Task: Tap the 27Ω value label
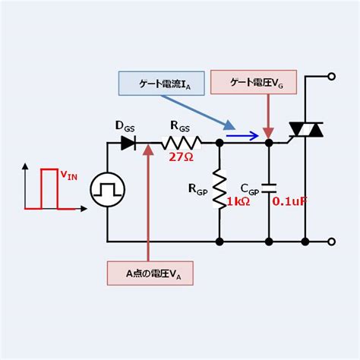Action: pyautogui.click(x=182, y=158)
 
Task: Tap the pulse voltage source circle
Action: pyautogui.click(x=107, y=191)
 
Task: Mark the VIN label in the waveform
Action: pyautogui.click(x=69, y=177)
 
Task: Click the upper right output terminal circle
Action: pyautogui.click(x=331, y=77)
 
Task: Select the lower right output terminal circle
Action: pyautogui.click(x=331, y=242)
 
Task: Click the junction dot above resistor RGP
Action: pyautogui.click(x=219, y=142)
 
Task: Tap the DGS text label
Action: pyautogui.click(x=125, y=123)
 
